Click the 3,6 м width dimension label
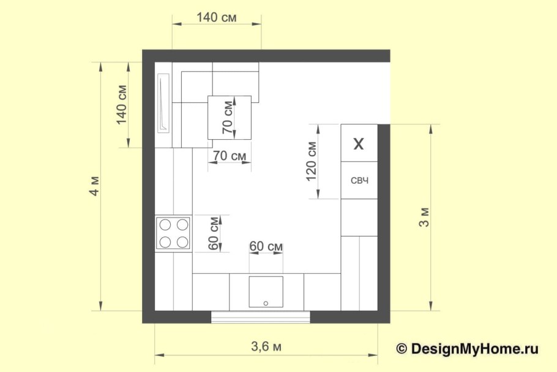[266, 346]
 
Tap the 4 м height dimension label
[95, 186]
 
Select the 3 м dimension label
[425, 218]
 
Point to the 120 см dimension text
[311, 161]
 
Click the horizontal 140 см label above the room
[216, 17]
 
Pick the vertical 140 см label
[122, 105]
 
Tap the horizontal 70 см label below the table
[230, 156]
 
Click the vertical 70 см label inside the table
[228, 118]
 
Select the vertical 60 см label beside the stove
[214, 233]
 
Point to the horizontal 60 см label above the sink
[266, 246]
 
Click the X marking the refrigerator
[359, 144]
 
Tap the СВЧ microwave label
[359, 181]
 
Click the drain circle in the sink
[266, 303]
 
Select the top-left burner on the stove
[165, 225]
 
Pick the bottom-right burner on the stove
[182, 242]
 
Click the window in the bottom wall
[261, 317]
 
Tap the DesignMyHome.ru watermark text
[474, 349]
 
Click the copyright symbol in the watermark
[402, 349]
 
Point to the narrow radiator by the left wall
[163, 103]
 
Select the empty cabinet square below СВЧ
[359, 218]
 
